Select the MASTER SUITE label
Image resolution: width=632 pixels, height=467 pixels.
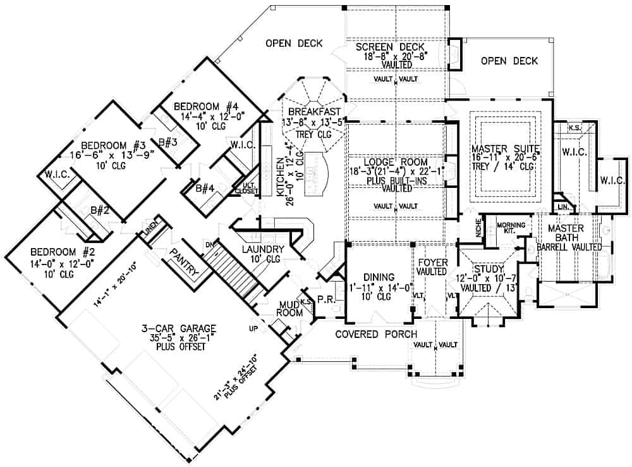tap(503, 149)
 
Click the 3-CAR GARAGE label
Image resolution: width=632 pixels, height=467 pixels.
tap(179, 328)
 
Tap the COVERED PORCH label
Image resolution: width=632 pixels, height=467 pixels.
tap(375, 333)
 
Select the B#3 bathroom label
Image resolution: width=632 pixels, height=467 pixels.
tap(167, 141)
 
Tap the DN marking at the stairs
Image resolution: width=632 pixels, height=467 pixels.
tap(209, 244)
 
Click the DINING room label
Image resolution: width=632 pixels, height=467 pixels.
tap(375, 277)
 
